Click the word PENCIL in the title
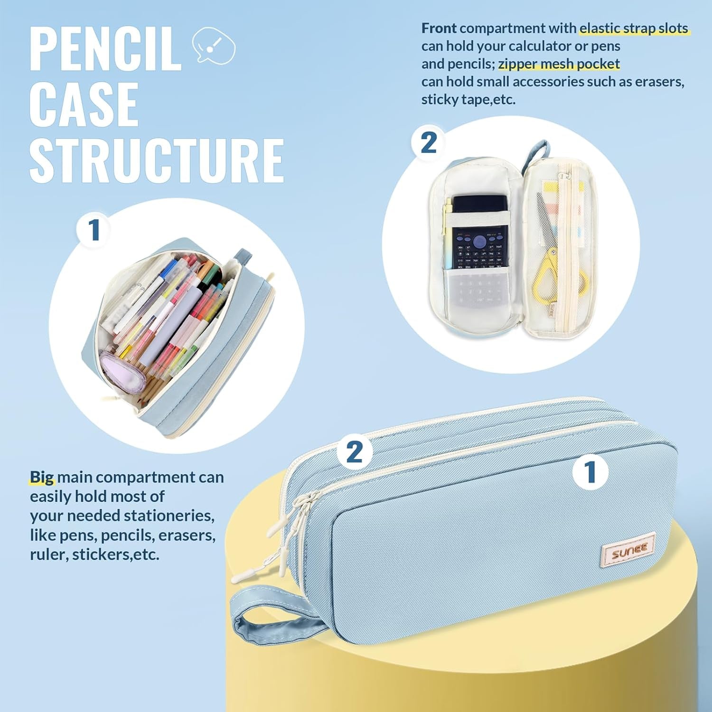point(105,49)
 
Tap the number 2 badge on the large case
point(355,451)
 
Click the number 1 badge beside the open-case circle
point(94,230)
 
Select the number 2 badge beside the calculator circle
point(429,142)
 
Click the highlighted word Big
point(42,477)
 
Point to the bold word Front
point(439,28)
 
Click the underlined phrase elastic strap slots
point(634,28)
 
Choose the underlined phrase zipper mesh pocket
point(559,64)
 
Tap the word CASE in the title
point(84,104)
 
